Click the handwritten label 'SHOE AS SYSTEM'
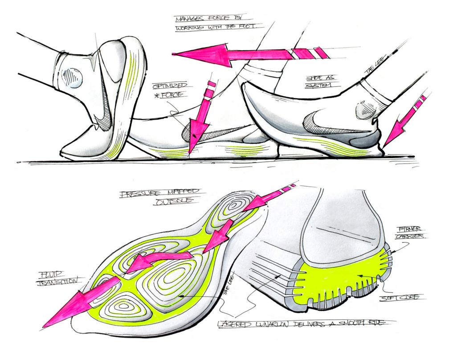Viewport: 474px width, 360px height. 320,82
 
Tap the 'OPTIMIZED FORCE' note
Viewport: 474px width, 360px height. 170,90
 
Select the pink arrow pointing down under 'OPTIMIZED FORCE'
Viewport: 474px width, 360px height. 198,125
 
